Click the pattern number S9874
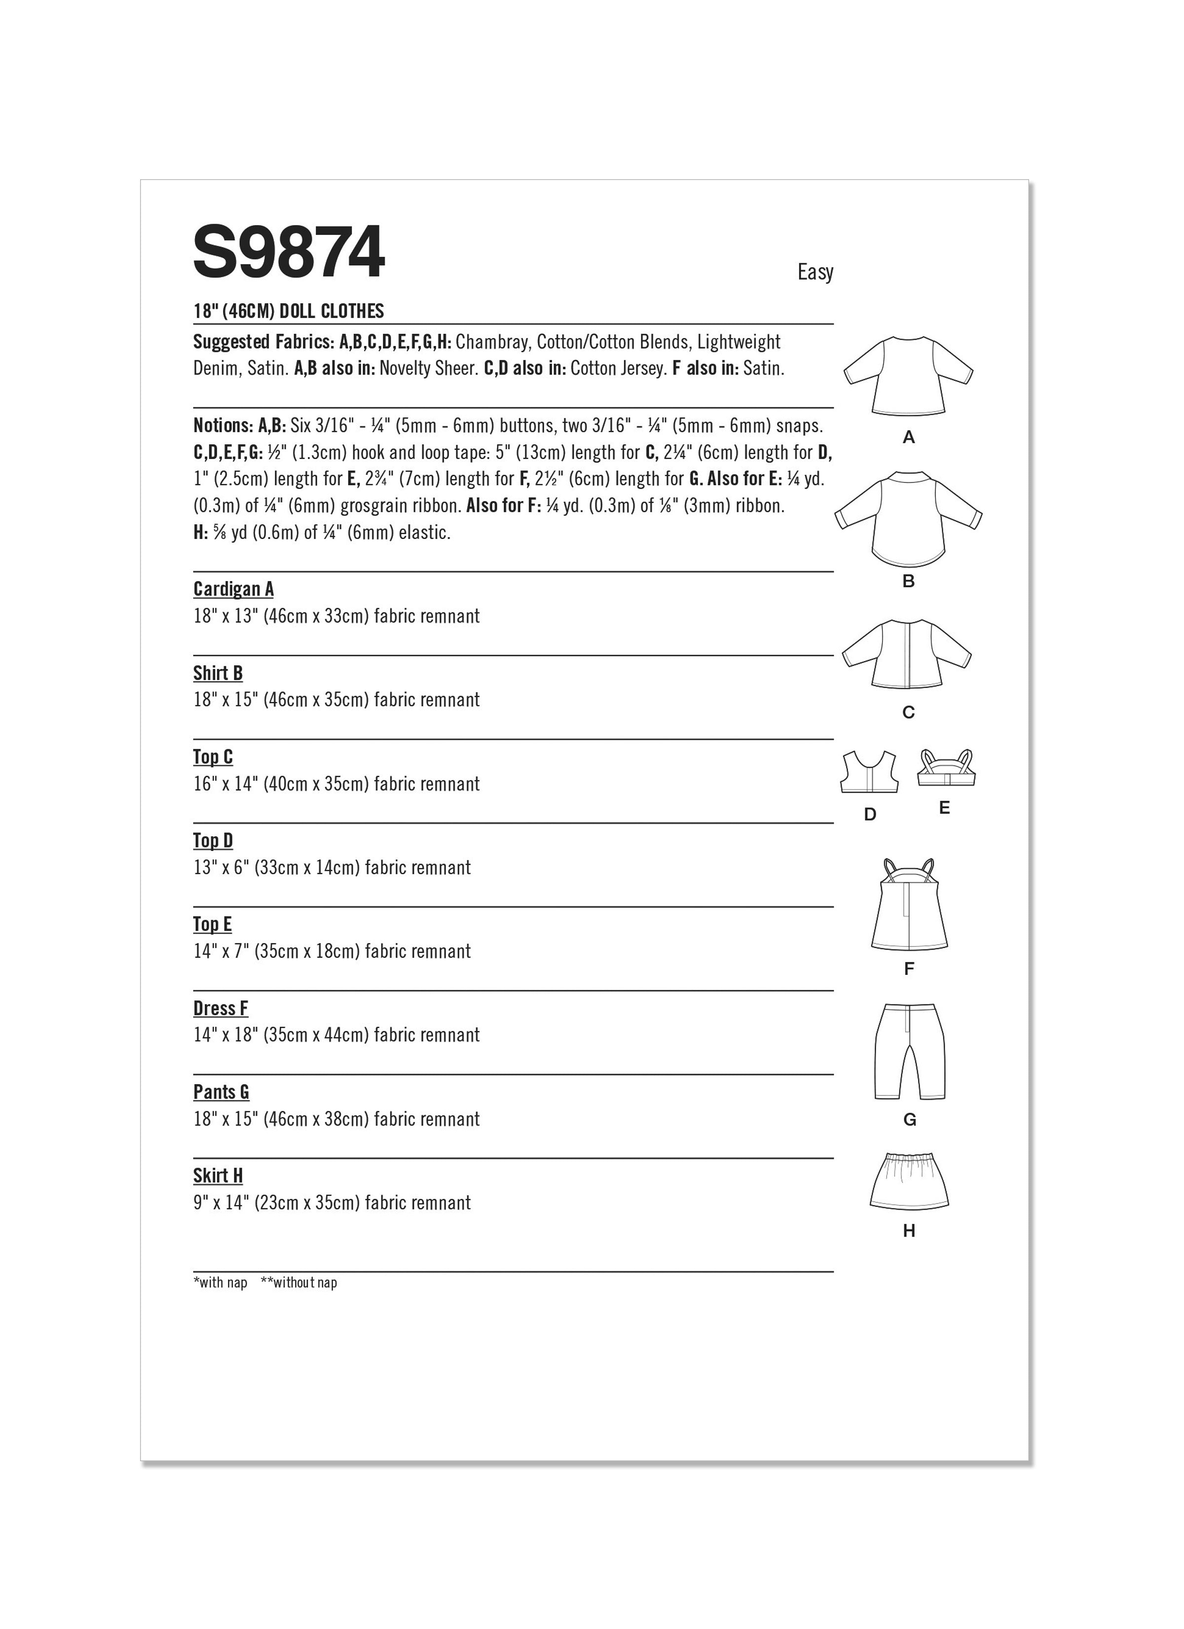pyautogui.click(x=289, y=252)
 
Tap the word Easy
pyautogui.click(x=815, y=272)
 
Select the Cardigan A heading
pyautogui.click(x=233, y=589)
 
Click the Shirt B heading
pyautogui.click(x=218, y=673)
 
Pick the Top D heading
pyautogui.click(x=213, y=840)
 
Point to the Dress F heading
pyautogui.click(x=221, y=1008)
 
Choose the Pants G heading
pyautogui.click(x=221, y=1092)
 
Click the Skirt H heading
pyautogui.click(x=218, y=1176)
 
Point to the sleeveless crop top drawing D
pyautogui.click(x=870, y=772)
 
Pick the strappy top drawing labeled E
pyautogui.click(x=946, y=769)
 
